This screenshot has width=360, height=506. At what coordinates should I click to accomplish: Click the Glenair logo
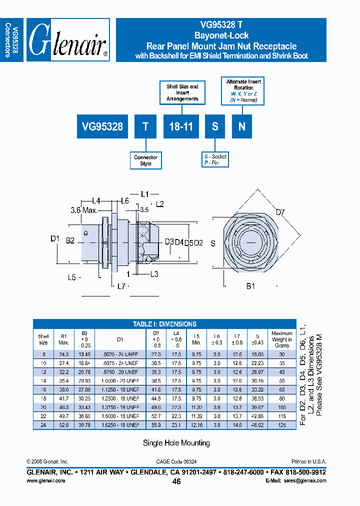coord(68,40)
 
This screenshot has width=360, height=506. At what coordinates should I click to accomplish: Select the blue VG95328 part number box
coord(103,126)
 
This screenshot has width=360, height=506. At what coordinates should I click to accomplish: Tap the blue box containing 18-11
coord(181,126)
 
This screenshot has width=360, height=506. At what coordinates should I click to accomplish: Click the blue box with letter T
coord(145,126)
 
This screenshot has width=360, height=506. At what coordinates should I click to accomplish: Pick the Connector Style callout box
coord(145,160)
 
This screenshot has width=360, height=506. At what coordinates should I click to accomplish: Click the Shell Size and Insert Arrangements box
coord(182,92)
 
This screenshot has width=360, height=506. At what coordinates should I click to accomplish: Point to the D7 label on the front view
coord(281,212)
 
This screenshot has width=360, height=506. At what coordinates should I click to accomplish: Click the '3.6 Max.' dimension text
coord(83,210)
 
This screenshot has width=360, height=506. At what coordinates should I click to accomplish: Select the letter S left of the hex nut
coord(213,243)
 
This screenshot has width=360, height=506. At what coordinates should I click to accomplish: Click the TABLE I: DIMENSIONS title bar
coord(164,324)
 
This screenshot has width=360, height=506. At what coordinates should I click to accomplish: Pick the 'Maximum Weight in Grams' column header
coord(282,339)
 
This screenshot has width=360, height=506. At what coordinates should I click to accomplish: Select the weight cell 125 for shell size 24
coord(282,424)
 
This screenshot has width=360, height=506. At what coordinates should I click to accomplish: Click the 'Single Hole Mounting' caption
coord(176,443)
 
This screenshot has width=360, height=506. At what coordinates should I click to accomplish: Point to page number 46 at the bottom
coord(176,481)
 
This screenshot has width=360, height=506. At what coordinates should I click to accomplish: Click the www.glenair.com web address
coord(45,480)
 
